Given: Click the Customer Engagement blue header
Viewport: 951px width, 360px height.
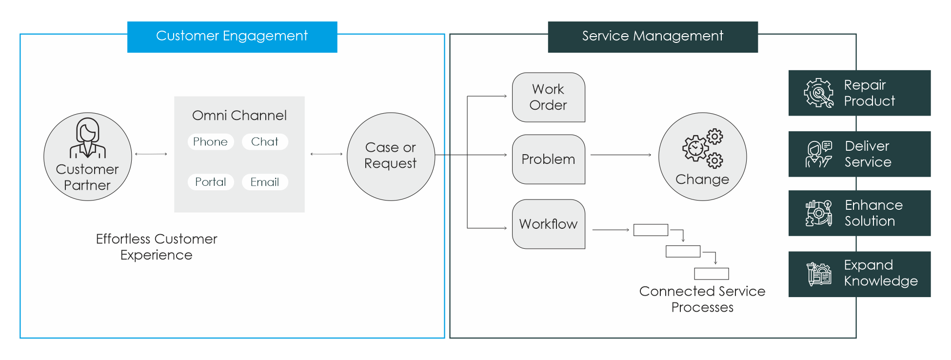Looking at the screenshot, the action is point(232,37).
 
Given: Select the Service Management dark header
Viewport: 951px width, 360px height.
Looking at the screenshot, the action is point(653,37).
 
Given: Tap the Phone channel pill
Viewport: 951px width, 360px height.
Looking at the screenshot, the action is point(211,141).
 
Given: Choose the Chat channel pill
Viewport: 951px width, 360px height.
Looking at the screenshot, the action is point(265,141).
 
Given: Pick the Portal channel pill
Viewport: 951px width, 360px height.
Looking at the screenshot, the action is point(211,182).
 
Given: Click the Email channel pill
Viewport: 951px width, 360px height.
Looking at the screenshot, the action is point(265,182).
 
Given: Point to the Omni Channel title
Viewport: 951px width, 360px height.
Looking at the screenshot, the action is point(239,116).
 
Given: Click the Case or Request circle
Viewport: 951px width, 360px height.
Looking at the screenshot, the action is point(391,157).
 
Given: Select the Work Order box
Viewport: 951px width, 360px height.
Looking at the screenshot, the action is point(549,97).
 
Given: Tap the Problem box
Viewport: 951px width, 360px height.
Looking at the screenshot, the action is point(549,159).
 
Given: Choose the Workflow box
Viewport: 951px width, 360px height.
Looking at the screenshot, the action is point(549,224).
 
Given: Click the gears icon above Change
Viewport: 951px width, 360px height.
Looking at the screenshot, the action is point(703,148).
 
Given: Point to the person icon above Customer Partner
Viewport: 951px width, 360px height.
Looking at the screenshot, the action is point(88,138).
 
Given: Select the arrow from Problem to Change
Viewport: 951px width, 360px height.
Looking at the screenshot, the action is point(621,155).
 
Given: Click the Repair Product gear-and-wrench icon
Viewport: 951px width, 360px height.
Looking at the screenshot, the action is point(819,93).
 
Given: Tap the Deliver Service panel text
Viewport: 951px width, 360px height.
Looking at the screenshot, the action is point(868,154).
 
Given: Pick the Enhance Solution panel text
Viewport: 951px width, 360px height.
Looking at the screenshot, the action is point(873,213).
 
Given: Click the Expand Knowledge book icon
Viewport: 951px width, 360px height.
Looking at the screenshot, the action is point(819,274).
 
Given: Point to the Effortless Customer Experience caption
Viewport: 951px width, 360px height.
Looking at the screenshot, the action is point(157,247).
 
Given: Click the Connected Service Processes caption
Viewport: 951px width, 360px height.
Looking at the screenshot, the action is point(702,299).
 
